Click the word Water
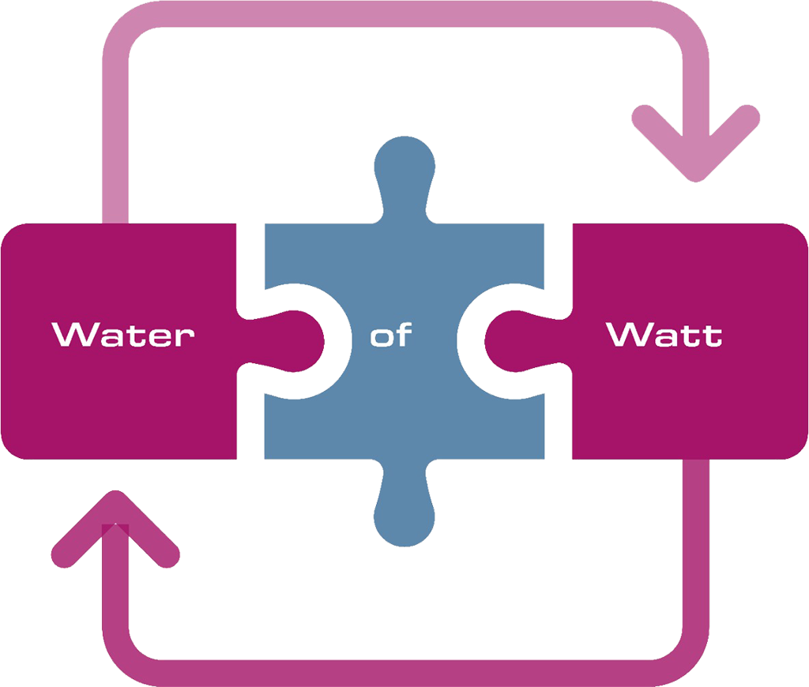tap(123, 334)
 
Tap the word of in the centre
tap(391, 336)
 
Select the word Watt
tap(664, 334)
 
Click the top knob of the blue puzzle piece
tap(404, 170)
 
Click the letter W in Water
tap(73, 334)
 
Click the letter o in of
tap(382, 337)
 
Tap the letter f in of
tap(402, 334)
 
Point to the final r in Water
tap(186, 337)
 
